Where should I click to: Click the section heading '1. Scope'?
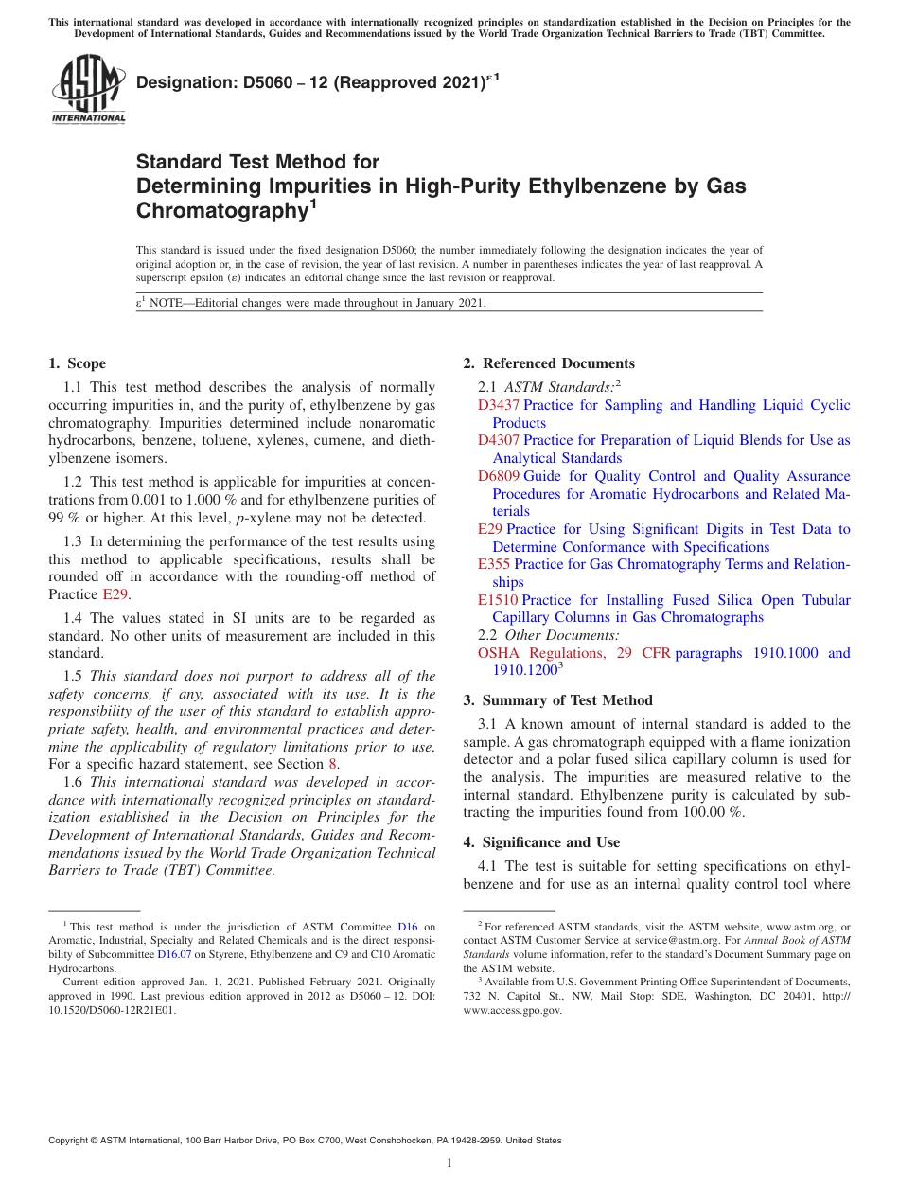pyautogui.click(x=77, y=363)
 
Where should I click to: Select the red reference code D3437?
pyautogui.click(x=498, y=405)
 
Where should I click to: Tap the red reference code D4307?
pyautogui.click(x=498, y=440)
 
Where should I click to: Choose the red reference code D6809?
pyautogui.click(x=498, y=476)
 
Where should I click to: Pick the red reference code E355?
pyautogui.click(x=494, y=564)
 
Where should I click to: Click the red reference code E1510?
pyautogui.click(x=498, y=600)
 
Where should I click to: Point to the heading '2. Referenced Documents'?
pyautogui.click(x=549, y=363)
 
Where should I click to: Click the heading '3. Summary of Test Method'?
pyautogui.click(x=557, y=700)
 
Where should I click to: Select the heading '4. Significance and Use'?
pyautogui.click(x=541, y=842)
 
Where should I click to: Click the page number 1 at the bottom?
pyautogui.click(x=449, y=1163)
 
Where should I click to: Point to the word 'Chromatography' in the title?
pyautogui.click(x=217, y=211)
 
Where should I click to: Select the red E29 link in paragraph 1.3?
pyautogui.click(x=114, y=594)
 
